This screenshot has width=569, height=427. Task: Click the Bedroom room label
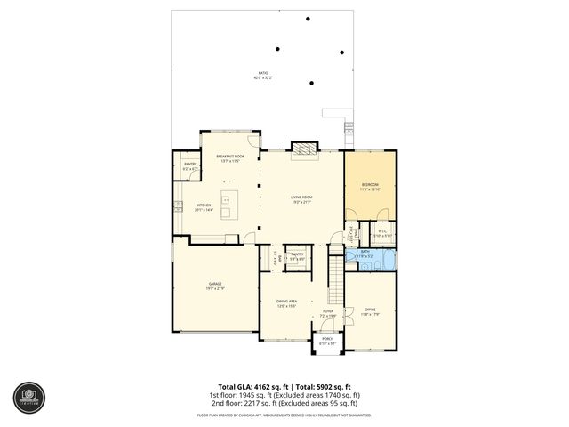tap(370, 187)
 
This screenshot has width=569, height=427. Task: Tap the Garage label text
tap(215, 286)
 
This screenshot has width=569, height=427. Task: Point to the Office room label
tap(370, 312)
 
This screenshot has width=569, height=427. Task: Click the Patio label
tap(263, 76)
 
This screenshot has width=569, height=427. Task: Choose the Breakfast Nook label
tap(230, 157)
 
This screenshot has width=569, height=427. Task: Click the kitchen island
tap(226, 200)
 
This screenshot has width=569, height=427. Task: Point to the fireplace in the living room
tap(304, 149)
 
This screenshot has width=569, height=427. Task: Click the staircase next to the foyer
tap(336, 276)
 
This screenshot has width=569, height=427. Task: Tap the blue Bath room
tap(366, 258)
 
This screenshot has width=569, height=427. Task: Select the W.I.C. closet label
tap(379, 233)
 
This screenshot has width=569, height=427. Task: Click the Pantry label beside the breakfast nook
tap(190, 166)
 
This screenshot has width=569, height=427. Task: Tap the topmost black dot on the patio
tap(309, 19)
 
